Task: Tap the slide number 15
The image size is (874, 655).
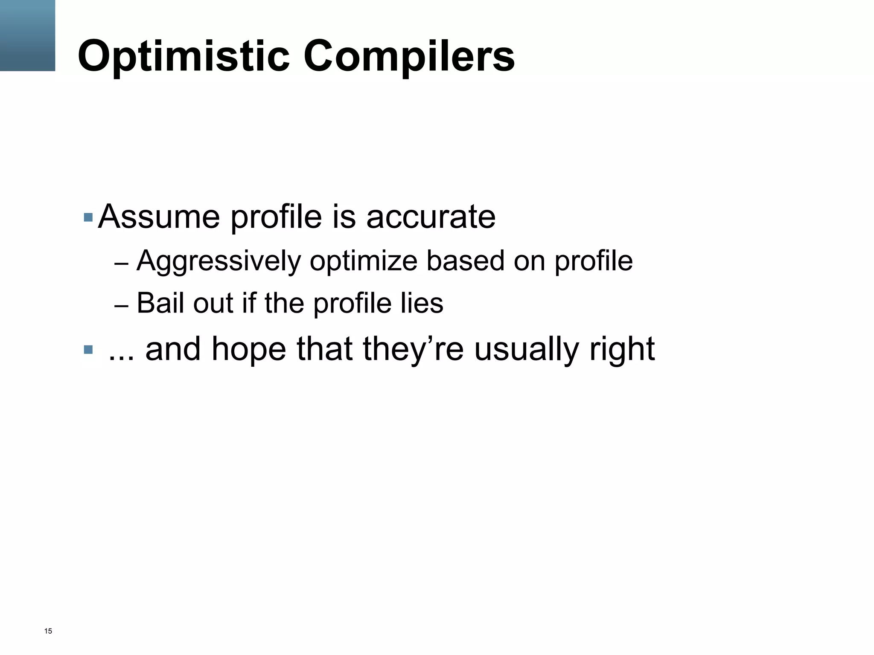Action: tap(48, 631)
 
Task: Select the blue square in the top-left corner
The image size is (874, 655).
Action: tap(27, 35)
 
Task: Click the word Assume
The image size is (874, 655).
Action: tap(159, 217)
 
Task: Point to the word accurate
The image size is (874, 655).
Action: tap(431, 217)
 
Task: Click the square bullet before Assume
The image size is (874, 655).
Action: tap(88, 217)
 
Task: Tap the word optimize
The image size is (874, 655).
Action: tap(363, 261)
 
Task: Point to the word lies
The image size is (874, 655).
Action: tap(422, 303)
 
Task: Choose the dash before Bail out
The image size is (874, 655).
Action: tap(121, 306)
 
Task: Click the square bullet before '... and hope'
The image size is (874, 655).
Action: tap(88, 350)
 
